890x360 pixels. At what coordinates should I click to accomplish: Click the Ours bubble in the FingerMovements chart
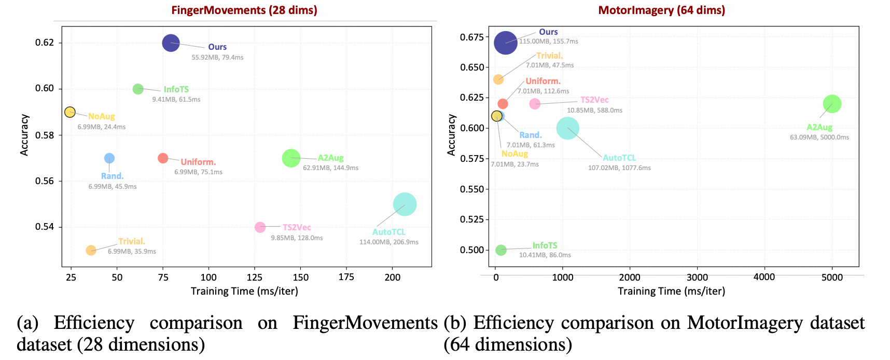point(171,43)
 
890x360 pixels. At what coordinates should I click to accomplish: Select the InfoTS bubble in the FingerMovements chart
point(138,89)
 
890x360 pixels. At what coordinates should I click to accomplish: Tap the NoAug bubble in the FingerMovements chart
point(70,112)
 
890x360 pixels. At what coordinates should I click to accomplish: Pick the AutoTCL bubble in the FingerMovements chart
point(405,204)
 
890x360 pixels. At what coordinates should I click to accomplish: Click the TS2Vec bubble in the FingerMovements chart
point(260,227)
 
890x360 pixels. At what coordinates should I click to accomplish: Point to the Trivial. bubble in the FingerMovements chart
point(91,250)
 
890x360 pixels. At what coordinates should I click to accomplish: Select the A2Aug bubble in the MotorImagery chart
point(832,104)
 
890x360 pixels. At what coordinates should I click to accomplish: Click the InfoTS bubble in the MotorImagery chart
point(500,250)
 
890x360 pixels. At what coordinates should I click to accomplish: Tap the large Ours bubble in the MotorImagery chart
point(506,43)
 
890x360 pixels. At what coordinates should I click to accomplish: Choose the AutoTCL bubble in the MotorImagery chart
point(568,128)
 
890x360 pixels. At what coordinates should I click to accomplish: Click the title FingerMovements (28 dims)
point(244,10)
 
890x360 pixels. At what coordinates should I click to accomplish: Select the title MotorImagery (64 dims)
point(662,10)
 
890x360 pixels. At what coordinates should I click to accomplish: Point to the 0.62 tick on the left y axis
point(45,42)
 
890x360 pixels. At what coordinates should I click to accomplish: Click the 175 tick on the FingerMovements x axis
point(346,277)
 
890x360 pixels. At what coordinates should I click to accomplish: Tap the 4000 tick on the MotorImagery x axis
point(764,277)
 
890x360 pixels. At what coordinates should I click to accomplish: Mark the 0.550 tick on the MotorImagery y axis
point(471,189)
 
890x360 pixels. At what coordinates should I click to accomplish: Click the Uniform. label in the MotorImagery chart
point(543,81)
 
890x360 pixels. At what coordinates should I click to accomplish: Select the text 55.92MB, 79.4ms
point(217,58)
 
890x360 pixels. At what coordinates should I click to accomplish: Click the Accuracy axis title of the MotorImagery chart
point(451,135)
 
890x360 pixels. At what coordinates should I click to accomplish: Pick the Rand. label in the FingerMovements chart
point(112,176)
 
